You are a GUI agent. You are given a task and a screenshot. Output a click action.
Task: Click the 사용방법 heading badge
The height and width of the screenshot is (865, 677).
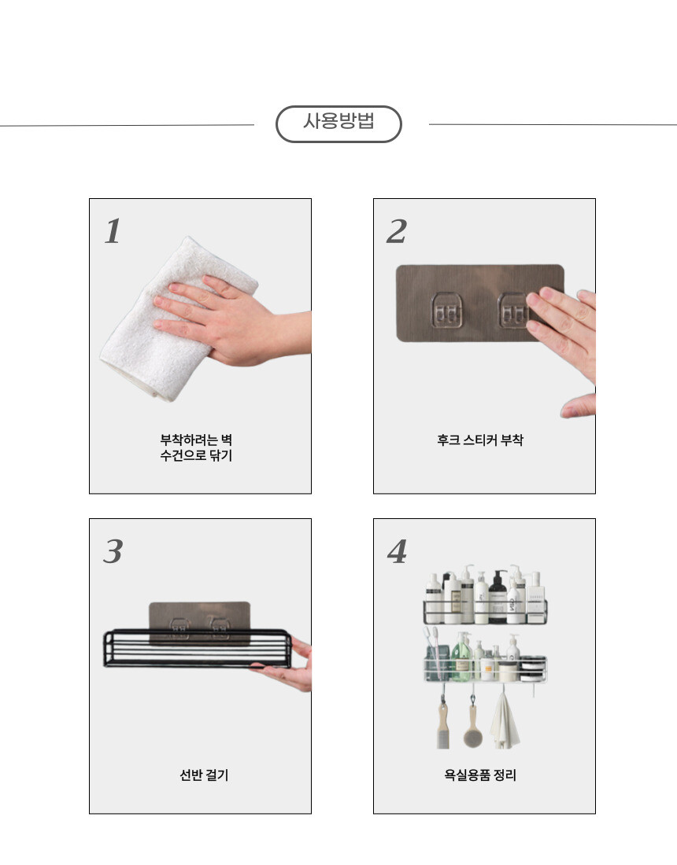point(338,124)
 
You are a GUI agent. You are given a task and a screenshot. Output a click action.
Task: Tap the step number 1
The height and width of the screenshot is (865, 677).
point(113,231)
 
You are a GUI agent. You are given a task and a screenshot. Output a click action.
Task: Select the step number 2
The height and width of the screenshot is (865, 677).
point(397,231)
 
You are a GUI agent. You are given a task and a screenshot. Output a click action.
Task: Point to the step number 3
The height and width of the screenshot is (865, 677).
point(113,551)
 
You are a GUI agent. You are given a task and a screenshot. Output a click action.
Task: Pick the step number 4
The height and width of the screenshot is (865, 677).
point(398,551)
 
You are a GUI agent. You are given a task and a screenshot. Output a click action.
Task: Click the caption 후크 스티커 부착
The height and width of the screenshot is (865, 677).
point(480,440)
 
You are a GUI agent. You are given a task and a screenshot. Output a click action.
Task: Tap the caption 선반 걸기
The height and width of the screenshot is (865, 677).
point(204,775)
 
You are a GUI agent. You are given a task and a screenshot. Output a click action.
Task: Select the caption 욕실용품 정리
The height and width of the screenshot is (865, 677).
point(480,775)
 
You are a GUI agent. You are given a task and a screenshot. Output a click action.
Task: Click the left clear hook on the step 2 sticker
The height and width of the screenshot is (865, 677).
point(446,311)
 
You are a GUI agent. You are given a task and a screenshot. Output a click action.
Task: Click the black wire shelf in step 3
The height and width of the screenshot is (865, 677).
point(198,648)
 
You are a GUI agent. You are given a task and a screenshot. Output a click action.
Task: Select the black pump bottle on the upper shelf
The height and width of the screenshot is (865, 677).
point(498,598)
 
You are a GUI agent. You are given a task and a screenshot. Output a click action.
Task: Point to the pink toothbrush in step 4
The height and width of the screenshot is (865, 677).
point(436,651)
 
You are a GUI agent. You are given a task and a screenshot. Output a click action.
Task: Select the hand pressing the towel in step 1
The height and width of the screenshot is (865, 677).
point(232,320)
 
